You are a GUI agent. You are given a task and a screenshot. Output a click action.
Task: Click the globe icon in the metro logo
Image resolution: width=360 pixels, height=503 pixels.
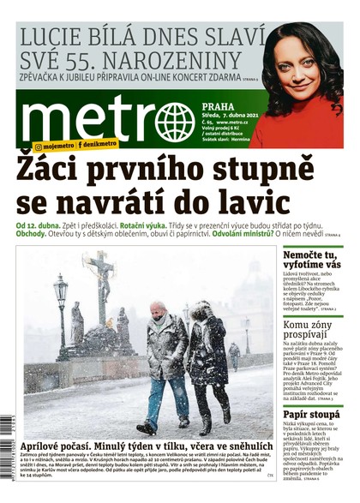[x=174, y=121]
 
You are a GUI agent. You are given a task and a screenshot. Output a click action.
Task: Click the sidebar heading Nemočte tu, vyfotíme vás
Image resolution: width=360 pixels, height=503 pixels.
[x=312, y=260]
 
